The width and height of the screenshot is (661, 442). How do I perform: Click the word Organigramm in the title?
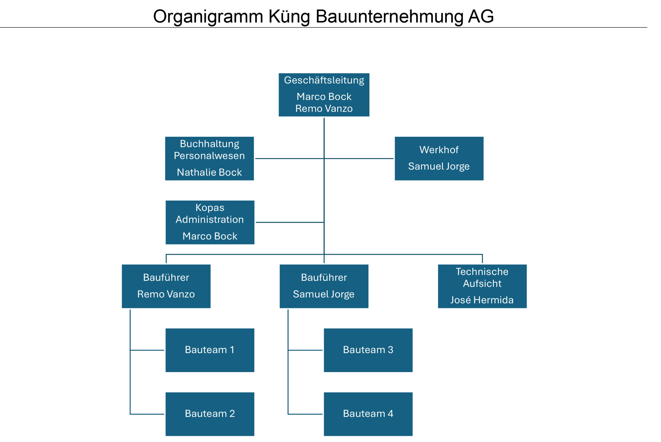(208, 16)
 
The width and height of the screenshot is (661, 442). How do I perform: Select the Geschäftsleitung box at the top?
(324, 95)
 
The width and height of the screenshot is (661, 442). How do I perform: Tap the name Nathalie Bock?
(209, 172)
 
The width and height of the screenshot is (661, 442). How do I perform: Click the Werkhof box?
(439, 158)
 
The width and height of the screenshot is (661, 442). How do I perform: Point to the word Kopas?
(210, 208)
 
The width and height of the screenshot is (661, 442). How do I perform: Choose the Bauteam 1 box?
(210, 350)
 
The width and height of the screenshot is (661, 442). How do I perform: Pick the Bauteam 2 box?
(210, 414)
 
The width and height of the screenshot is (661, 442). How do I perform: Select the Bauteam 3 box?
(368, 350)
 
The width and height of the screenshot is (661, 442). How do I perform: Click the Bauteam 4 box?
(368, 414)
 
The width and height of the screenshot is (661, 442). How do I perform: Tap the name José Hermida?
(482, 300)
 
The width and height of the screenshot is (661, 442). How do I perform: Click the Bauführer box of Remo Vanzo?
(166, 286)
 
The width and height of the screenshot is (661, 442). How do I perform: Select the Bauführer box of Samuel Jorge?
(324, 286)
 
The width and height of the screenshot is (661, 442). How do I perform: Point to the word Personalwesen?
(209, 155)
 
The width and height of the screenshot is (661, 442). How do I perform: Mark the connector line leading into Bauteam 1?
(147, 350)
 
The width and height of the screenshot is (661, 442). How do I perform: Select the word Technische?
(482, 272)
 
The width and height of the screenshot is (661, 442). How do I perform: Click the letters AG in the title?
(481, 16)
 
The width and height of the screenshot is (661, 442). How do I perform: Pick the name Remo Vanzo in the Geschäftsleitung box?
(324, 109)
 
